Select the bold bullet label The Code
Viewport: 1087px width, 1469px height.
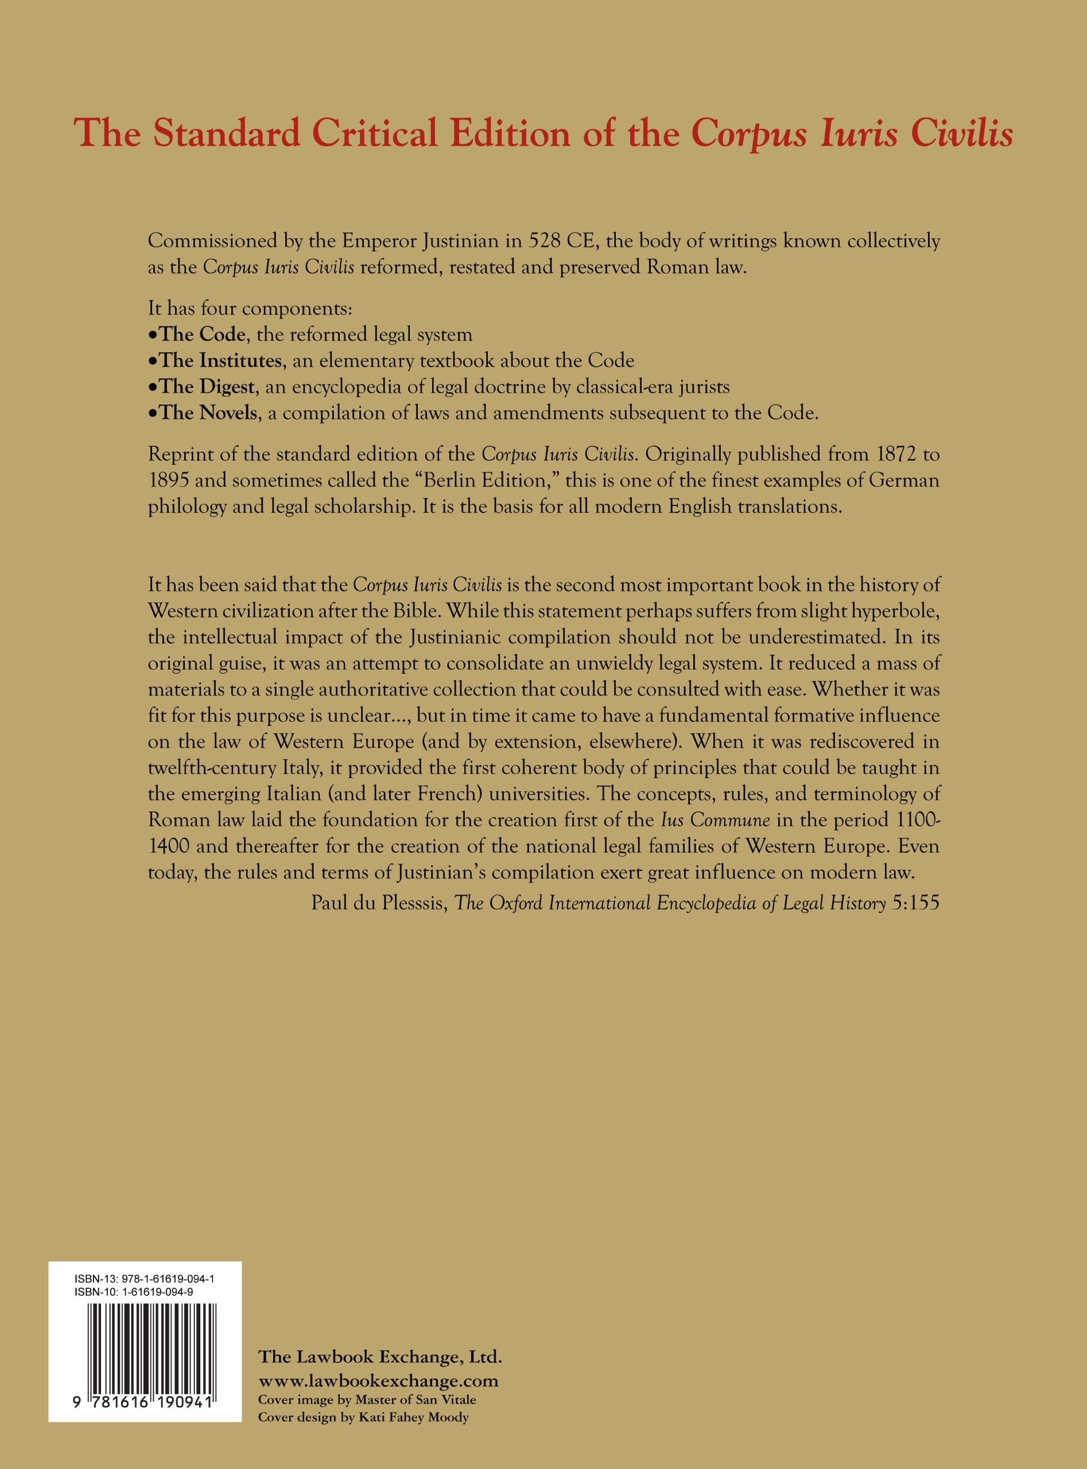(x=203, y=334)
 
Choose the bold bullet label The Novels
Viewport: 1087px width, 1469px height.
(x=208, y=413)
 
